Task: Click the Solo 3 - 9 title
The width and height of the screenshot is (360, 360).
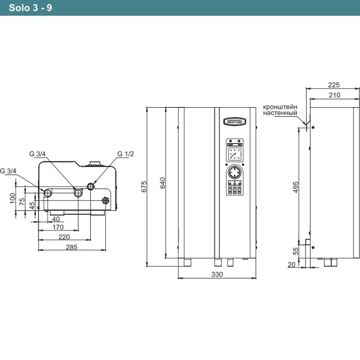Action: pos(31,8)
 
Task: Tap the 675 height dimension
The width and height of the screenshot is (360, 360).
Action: pos(144,187)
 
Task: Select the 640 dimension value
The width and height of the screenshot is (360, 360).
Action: pos(162,183)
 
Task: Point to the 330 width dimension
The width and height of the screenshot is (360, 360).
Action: pos(217,274)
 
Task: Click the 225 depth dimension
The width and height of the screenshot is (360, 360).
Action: pos(334,85)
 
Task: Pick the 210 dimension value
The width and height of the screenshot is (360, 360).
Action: pos(334,95)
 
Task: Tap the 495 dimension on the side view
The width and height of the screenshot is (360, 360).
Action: pos(296,187)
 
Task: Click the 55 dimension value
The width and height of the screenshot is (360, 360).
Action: pos(296,251)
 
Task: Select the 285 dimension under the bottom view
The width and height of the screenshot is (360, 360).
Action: pos(72,247)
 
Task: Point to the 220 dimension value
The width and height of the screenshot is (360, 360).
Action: pos(64,237)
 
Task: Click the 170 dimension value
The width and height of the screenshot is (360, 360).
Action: pos(58,227)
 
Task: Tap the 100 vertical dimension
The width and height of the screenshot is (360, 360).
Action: pos(12,198)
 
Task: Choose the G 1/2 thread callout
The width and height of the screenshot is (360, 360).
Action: pos(126,154)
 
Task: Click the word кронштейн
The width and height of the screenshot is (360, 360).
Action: pos(280,107)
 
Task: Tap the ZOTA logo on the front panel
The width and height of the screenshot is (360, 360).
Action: pos(235,121)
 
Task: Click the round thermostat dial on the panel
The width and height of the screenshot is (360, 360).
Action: pos(235,172)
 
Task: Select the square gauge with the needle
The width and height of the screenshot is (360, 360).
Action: pos(235,154)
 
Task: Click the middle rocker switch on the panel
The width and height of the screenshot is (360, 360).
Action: pos(235,190)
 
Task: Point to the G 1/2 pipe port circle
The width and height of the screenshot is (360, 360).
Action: pos(91,186)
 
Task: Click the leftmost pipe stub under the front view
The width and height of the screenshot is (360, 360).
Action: pos(187,262)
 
